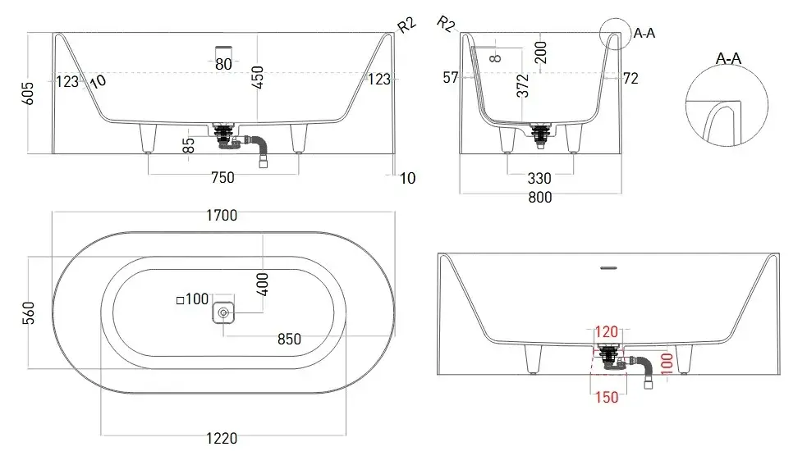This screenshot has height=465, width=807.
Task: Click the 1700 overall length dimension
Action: (x=222, y=215)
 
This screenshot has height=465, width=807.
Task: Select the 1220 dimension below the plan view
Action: (x=222, y=438)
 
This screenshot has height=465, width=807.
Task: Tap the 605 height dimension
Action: (x=29, y=93)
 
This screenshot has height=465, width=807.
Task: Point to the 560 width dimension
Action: (x=29, y=312)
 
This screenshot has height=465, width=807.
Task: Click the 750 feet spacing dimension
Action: (x=222, y=177)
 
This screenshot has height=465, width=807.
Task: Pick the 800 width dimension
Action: (x=540, y=197)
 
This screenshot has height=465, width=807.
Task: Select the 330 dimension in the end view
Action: (x=539, y=179)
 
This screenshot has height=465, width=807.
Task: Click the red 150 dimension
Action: (x=607, y=397)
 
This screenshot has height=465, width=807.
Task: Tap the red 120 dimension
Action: (x=607, y=332)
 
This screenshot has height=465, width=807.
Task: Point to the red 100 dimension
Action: (x=667, y=363)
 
